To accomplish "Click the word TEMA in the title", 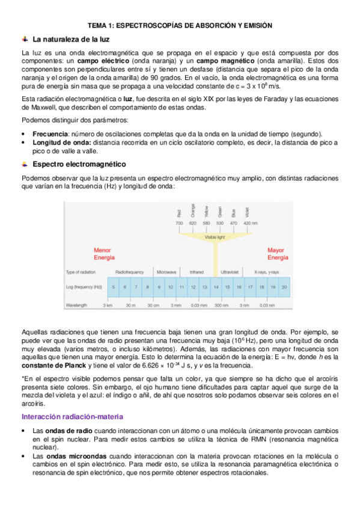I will (x=99, y=26).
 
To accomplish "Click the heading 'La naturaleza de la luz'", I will (x=70, y=40).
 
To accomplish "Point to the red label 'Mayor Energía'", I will (x=276, y=254).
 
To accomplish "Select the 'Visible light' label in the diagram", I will (x=215, y=237).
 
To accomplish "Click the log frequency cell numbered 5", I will (x=114, y=287).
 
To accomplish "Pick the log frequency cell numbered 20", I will (x=284, y=287).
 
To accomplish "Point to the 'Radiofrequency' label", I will (x=129, y=271).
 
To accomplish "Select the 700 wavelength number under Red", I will (x=179, y=223).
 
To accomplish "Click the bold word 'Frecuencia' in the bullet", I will (x=50, y=134).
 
